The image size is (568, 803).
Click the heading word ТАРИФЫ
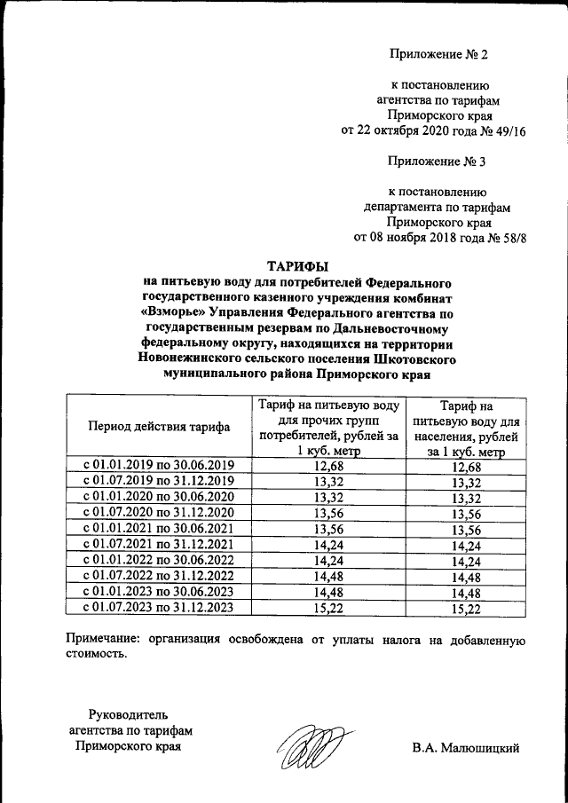(x=299, y=265)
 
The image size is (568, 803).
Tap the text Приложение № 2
(x=438, y=54)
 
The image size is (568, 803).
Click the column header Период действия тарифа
(x=159, y=426)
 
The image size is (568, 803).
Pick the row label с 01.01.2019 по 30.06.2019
(x=159, y=465)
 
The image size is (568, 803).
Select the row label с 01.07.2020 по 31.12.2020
(x=159, y=512)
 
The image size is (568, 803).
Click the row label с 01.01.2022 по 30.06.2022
(x=159, y=560)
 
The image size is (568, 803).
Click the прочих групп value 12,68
(x=327, y=465)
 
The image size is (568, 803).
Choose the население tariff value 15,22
(x=465, y=609)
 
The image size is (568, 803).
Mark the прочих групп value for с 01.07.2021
(x=327, y=544)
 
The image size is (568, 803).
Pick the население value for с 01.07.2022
(x=465, y=577)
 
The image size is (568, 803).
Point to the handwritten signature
(x=308, y=744)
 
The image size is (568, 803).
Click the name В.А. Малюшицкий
(x=464, y=747)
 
